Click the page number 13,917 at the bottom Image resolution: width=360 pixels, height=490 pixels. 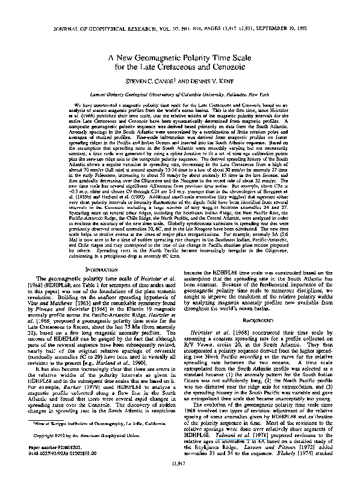(180, 479)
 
